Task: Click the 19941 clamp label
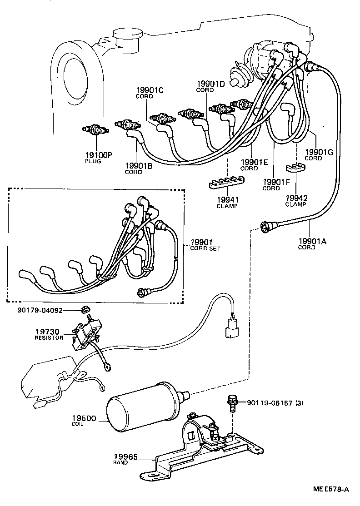(x=227, y=201)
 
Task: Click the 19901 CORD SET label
(x=205, y=244)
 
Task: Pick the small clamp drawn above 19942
(x=295, y=169)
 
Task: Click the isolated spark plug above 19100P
(x=95, y=130)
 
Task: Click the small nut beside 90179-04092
(x=85, y=310)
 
